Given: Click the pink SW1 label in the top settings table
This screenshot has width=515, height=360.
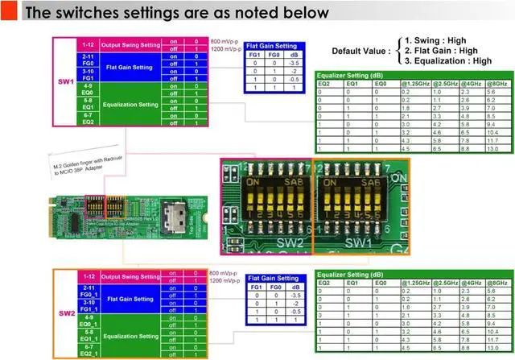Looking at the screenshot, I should tap(66, 82).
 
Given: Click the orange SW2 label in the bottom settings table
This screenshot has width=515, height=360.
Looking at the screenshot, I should tap(66, 312).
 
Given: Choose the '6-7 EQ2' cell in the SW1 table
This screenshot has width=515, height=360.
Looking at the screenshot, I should tap(88, 118).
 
